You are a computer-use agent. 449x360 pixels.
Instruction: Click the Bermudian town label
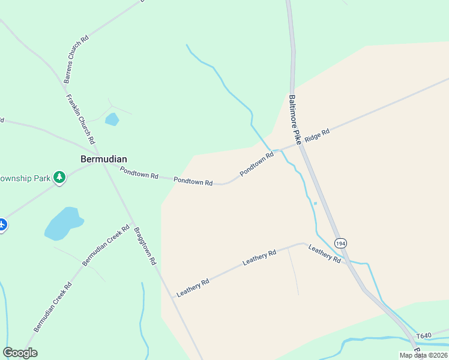click(x=104, y=159)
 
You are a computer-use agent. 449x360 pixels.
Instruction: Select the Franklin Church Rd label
click(x=81, y=119)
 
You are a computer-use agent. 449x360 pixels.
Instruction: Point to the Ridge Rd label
click(x=317, y=136)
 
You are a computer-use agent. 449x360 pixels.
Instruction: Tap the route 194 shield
click(x=340, y=243)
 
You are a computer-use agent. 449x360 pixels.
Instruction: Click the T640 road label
click(x=424, y=336)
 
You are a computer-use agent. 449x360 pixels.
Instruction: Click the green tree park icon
click(x=59, y=177)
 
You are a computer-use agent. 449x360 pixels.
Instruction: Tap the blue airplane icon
click(x=2, y=225)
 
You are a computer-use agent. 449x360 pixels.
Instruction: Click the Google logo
click(x=20, y=353)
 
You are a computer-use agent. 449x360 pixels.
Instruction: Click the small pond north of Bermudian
click(x=112, y=119)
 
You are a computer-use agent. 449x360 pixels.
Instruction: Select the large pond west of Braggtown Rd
click(x=62, y=223)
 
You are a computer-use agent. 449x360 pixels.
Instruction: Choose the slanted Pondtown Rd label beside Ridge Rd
click(x=257, y=164)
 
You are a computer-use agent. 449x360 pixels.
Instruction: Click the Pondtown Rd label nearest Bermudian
click(x=139, y=173)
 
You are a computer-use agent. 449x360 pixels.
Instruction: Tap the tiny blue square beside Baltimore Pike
click(x=315, y=203)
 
